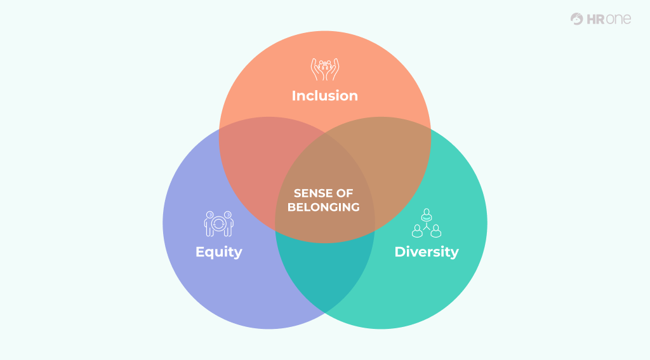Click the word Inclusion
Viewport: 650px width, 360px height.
click(x=324, y=96)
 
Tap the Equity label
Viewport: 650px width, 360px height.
click(x=219, y=252)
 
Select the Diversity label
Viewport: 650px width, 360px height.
click(x=427, y=252)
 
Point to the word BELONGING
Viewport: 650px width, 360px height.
click(x=324, y=207)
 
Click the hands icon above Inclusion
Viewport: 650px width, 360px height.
click(x=325, y=69)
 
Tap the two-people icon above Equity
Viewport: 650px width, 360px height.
click(x=219, y=224)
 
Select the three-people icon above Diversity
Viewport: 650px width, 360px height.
click(x=427, y=223)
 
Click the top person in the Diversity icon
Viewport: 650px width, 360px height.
click(x=427, y=215)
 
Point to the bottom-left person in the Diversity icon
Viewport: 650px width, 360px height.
click(x=417, y=231)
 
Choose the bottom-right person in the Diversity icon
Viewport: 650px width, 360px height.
click(x=436, y=231)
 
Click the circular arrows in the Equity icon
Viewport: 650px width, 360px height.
click(x=219, y=224)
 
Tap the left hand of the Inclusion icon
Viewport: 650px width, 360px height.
click(x=317, y=70)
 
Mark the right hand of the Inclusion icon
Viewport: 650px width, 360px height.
click(x=333, y=70)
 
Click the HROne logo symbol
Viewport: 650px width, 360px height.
click(x=576, y=18)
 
